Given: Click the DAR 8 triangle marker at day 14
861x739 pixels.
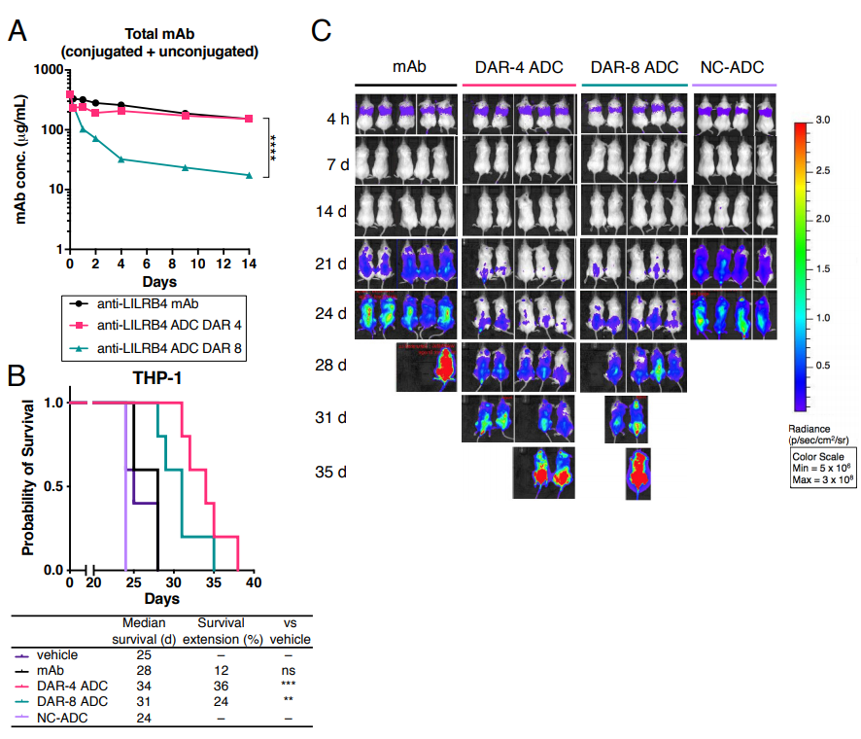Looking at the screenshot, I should [249, 176].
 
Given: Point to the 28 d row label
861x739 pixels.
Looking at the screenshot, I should [336, 367].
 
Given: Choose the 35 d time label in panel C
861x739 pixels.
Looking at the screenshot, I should [336, 472].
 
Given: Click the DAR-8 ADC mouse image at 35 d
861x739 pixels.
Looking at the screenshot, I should [637, 473].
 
